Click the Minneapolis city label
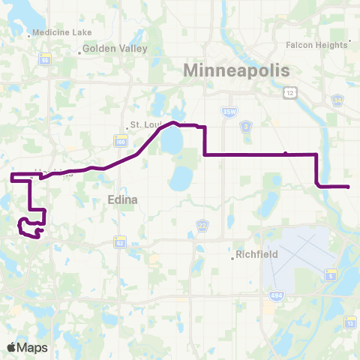coord(236,70)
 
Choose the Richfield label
coord(257,255)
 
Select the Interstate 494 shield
coord(269,308)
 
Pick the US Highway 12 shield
coord(289,91)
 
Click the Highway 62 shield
coord(120,241)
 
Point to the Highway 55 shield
coord(46,60)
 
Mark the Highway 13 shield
coord(350,322)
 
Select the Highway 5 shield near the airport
coord(329,276)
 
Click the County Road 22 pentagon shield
coord(202,225)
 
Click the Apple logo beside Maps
coord(11,348)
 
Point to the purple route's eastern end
coord(349,187)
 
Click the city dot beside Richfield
coord(233,259)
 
